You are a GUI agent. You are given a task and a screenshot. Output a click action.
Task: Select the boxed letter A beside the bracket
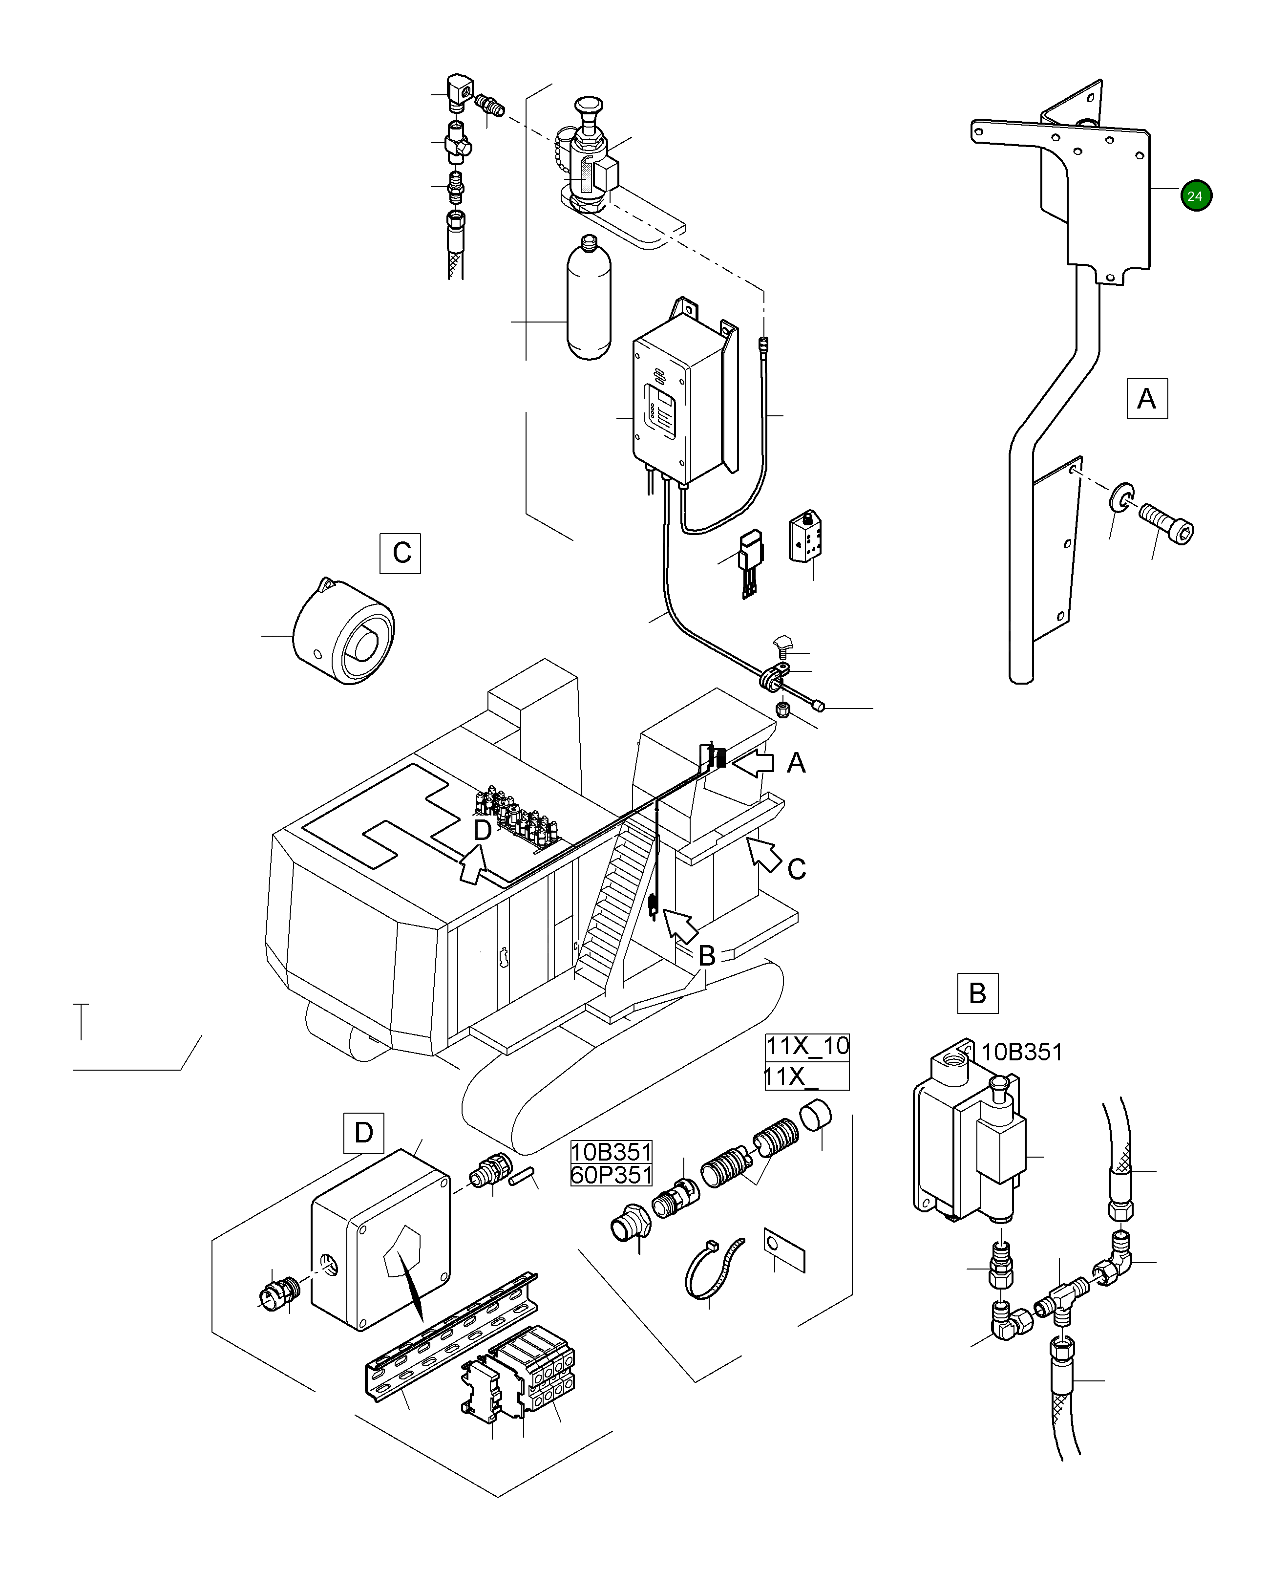(x=1146, y=399)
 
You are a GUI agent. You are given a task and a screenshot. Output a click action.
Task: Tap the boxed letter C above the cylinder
(x=401, y=553)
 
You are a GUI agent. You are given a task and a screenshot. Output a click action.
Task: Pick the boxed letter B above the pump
(x=977, y=993)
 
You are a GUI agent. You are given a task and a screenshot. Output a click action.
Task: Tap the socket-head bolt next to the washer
(x=1166, y=523)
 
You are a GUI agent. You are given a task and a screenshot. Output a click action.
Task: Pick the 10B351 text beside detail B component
(x=1022, y=1052)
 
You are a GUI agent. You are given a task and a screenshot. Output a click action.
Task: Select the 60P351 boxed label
(x=611, y=1175)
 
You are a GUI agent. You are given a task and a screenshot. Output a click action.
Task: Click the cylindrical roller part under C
(x=343, y=632)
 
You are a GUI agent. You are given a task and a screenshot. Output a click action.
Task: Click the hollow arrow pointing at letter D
(x=473, y=865)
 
